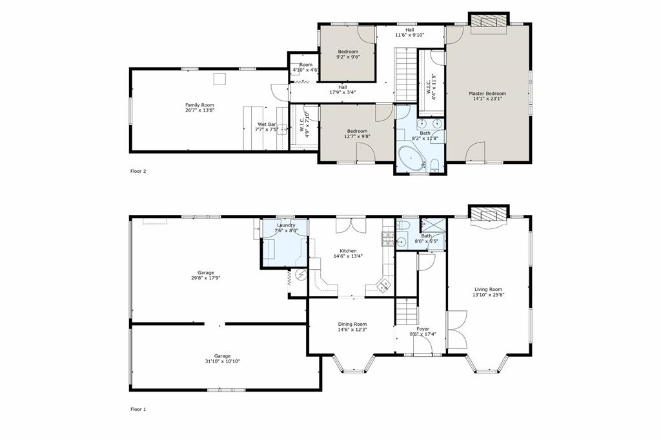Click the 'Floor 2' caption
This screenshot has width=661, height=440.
pos(138,172)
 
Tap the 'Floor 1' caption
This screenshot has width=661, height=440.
pos(138,409)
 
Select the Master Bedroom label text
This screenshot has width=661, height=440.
pos(487,94)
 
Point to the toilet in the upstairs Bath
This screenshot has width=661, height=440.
pos(434,163)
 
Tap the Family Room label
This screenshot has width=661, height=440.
pos(199,105)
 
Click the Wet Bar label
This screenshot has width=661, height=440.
pos(267,124)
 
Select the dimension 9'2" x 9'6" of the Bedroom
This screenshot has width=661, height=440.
pos(347,57)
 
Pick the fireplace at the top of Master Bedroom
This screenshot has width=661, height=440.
pos(489,22)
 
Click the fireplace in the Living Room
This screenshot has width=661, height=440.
pos(488,214)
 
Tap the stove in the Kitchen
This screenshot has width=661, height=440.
pos(389,239)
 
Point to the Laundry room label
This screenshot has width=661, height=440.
pos(285,225)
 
